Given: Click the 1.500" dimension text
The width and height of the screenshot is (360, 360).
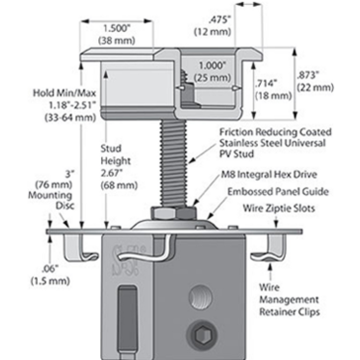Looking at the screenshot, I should tap(116, 29).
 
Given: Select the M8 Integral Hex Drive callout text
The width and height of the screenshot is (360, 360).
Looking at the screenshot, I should tap(267, 174).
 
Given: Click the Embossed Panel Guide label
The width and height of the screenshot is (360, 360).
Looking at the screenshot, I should tap(278, 192).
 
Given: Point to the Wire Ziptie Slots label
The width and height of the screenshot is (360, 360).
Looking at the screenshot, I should tap(279, 208).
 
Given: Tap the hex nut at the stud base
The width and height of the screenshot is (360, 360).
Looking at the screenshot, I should tap(173, 212).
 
